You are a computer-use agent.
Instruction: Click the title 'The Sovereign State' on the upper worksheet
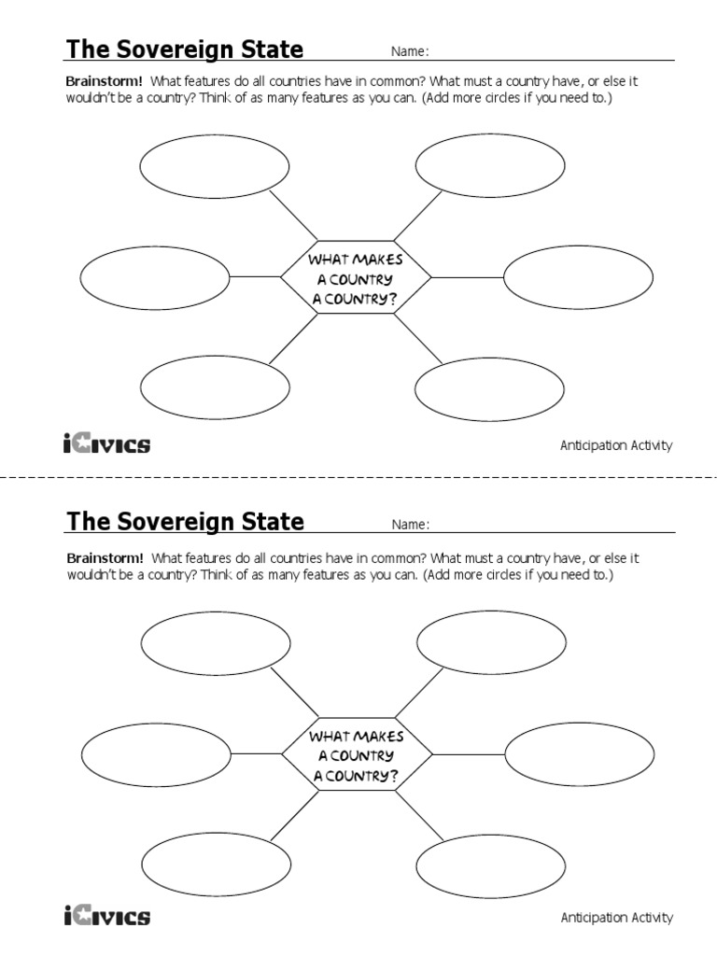click(184, 49)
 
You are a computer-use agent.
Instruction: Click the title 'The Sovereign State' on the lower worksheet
click(184, 521)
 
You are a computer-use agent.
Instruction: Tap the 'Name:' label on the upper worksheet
click(410, 52)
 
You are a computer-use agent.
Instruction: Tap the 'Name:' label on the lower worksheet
click(410, 525)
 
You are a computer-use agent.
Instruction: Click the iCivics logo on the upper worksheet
click(106, 443)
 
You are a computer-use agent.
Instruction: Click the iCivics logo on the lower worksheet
click(106, 916)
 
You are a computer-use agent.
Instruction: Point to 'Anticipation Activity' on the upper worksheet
click(615, 445)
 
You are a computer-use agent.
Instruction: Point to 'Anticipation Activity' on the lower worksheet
click(615, 918)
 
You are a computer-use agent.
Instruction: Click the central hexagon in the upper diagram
click(356, 277)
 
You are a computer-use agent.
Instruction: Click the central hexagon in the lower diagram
click(356, 753)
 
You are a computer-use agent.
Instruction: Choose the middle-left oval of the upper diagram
click(155, 277)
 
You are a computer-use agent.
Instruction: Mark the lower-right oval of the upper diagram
click(490, 388)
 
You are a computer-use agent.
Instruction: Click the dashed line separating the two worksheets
click(358, 477)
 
